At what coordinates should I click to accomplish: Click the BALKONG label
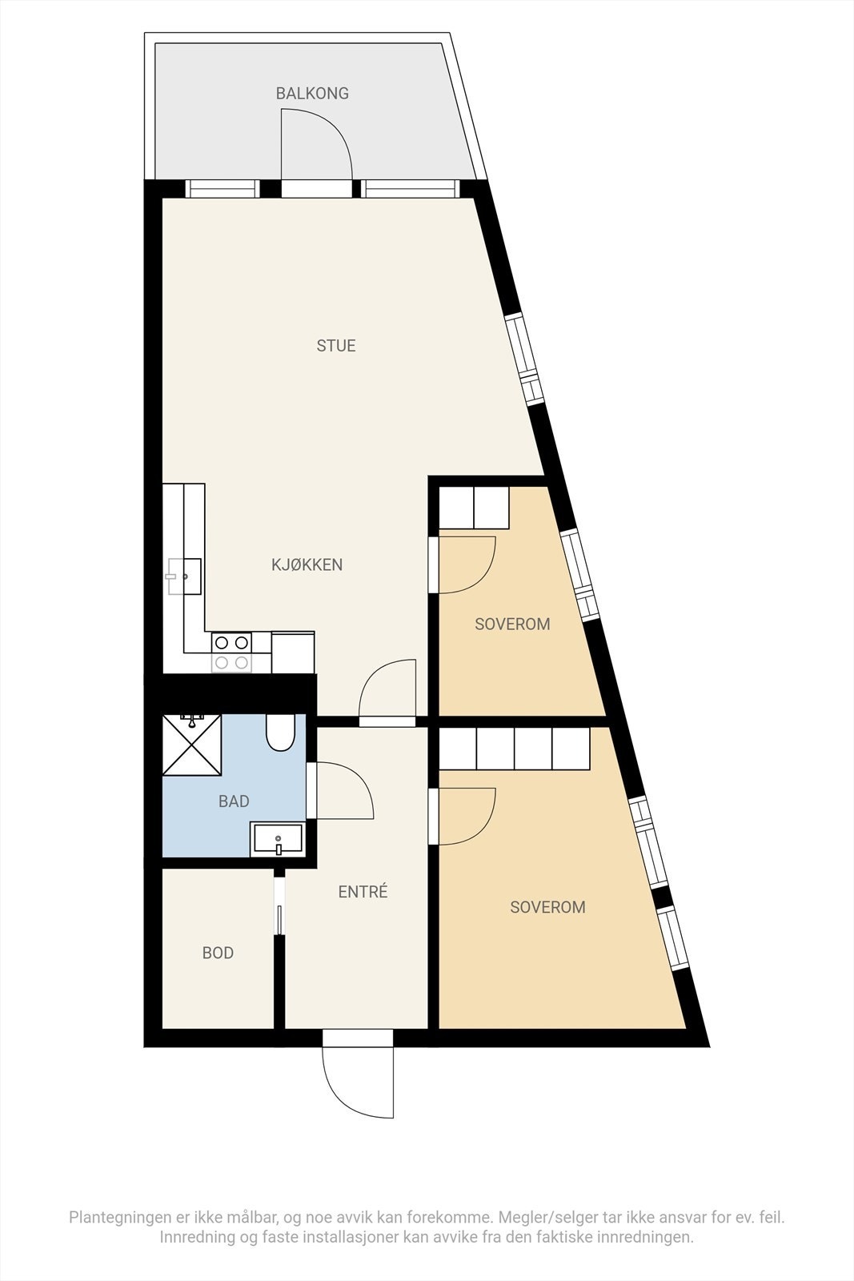coord(312,94)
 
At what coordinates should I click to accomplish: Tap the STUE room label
coord(336,346)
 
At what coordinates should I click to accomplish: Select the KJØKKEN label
coord(307,564)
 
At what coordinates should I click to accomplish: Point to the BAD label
coord(234,801)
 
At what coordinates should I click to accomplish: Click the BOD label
coord(218,953)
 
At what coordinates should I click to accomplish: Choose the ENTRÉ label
coord(363,892)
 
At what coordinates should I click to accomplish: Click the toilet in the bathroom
coord(280,733)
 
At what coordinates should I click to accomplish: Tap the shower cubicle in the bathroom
coord(192,745)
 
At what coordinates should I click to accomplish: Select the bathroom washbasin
coord(277,840)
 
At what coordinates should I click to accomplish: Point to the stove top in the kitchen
coord(231,652)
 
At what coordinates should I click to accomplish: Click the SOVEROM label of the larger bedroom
coord(547,907)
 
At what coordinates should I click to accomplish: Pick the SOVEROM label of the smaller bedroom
coord(512,624)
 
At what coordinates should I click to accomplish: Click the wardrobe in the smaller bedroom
coord(474,508)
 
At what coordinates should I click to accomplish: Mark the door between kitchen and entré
coord(389,692)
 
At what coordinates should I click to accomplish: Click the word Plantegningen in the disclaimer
coord(118,1218)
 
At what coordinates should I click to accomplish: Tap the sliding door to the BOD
coord(279,905)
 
